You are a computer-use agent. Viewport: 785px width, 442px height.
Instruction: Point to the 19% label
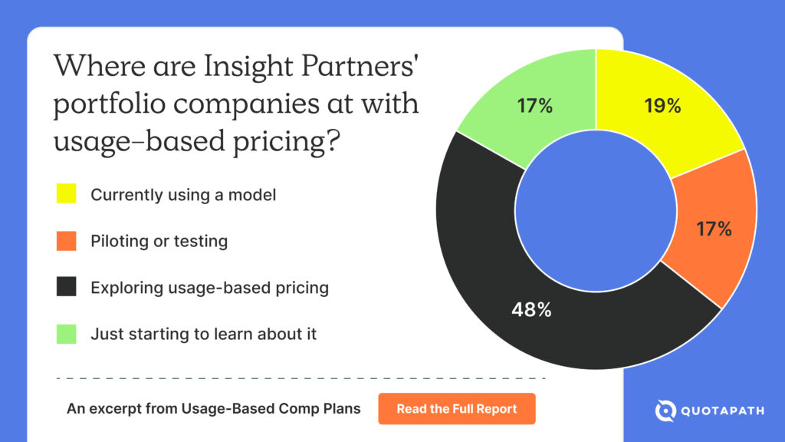click(662, 106)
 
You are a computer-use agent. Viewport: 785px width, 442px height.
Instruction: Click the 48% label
click(532, 311)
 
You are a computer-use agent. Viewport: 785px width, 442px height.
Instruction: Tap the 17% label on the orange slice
click(713, 228)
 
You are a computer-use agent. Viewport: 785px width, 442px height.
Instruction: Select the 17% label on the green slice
click(534, 106)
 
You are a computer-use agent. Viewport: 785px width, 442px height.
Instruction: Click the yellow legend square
click(66, 194)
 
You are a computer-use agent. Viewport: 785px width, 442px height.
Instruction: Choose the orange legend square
click(66, 241)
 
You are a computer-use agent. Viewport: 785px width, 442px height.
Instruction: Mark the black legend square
click(66, 288)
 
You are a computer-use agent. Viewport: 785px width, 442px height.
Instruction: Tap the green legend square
click(66, 334)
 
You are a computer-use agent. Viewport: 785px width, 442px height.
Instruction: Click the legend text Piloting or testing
click(159, 241)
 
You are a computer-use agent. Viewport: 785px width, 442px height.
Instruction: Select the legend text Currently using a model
click(183, 194)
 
